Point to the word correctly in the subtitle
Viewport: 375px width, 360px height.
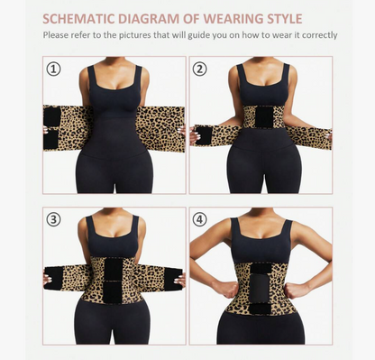316,35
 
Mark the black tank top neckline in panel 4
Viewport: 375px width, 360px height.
261,236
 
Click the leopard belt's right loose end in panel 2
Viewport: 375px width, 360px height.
311,137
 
